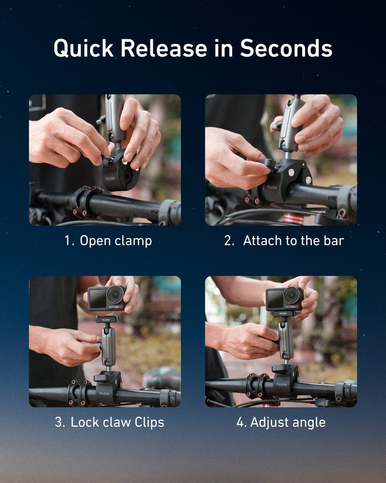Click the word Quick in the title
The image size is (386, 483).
pos(83,49)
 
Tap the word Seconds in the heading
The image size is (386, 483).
pos(286,49)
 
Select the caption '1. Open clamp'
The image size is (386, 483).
pos(108,241)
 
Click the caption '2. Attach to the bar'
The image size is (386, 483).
pos(284,241)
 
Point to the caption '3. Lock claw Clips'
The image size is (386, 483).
pos(109,422)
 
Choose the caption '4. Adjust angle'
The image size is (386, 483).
pos(281,422)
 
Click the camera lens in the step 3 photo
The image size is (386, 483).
pos(115,294)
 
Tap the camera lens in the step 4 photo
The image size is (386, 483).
pos(292,295)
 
